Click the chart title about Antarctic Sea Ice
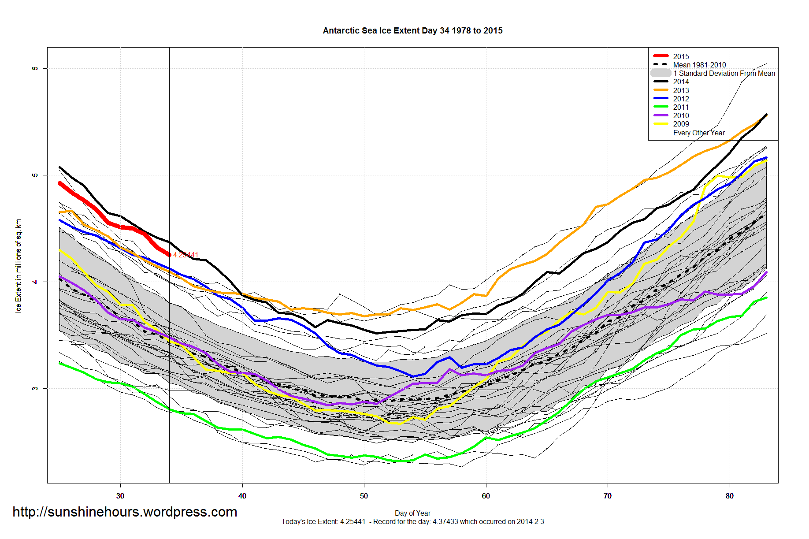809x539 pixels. click(412, 31)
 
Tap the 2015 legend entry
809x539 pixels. click(681, 56)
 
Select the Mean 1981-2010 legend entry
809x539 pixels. click(699, 65)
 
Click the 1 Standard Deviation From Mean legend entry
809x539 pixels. click(724, 73)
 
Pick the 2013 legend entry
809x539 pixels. click(681, 90)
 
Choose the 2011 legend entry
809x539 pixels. click(681, 107)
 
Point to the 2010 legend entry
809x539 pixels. click(681, 115)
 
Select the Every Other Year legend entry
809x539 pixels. click(698, 133)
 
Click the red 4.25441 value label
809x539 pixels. click(186, 255)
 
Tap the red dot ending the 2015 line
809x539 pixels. click(169, 255)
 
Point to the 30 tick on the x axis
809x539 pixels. click(120, 496)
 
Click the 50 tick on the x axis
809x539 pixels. click(364, 496)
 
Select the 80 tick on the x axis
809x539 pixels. click(730, 496)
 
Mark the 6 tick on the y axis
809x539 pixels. click(35, 68)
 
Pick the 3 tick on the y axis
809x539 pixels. click(35, 388)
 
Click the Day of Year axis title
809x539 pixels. click(412, 513)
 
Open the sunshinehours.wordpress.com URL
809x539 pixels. click(125, 512)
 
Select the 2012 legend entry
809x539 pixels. click(681, 99)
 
